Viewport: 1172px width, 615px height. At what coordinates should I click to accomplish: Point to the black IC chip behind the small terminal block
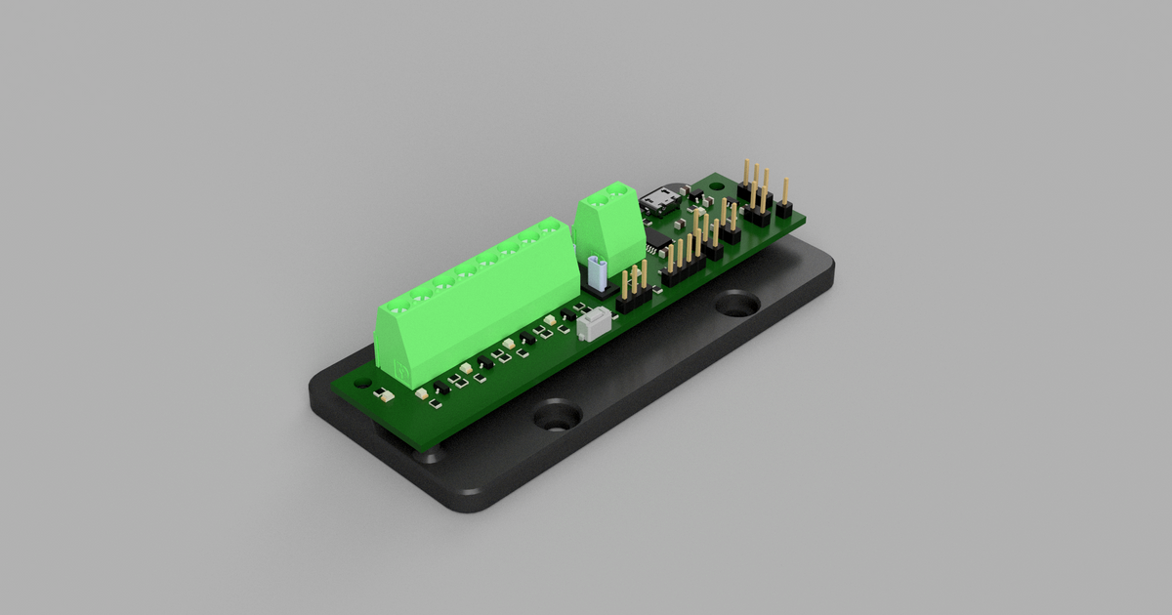pyautogui.click(x=658, y=240)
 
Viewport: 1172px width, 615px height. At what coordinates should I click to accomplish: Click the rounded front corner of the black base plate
pyautogui.click(x=469, y=500)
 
